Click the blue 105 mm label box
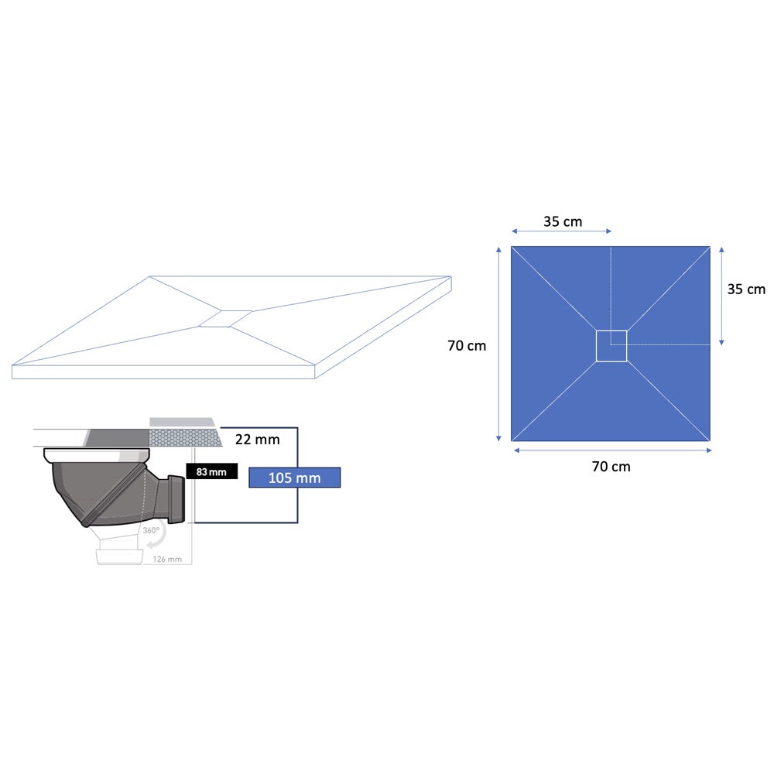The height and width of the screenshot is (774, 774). [294, 478]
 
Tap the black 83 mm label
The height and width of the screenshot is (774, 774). [212, 471]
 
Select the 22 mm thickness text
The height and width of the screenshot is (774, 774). [257, 439]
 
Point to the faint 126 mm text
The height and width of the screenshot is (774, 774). [167, 559]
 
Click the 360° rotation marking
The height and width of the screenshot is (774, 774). [151, 530]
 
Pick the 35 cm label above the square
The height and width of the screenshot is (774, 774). [563, 221]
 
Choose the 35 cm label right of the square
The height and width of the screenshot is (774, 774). [746, 289]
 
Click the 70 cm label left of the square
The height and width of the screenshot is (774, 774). [467, 345]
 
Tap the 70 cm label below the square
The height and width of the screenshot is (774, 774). [611, 467]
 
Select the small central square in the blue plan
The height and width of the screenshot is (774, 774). [611, 346]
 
